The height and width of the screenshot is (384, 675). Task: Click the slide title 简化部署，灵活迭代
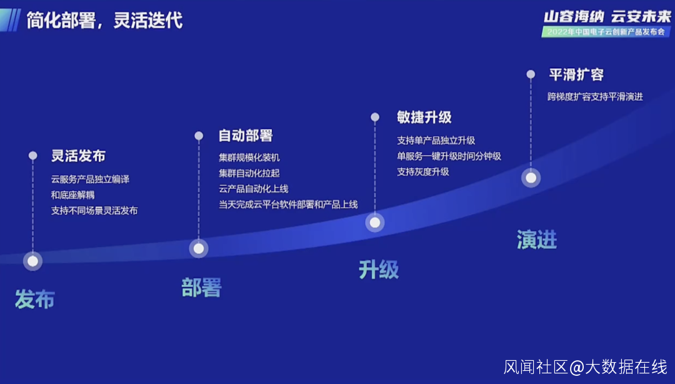pos(104,20)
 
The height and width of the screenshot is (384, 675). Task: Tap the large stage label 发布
pos(35,300)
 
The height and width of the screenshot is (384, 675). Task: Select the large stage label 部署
pos(201,288)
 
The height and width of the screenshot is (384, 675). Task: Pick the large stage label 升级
pos(379,270)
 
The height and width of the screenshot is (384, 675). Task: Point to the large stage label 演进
pos(536,240)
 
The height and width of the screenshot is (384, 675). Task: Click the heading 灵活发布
pos(78,156)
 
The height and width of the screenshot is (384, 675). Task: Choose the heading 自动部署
pos(246,136)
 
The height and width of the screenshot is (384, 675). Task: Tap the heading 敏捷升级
pos(424,117)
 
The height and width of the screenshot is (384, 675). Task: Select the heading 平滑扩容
pos(576,74)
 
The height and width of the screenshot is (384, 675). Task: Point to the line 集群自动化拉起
pos(249,173)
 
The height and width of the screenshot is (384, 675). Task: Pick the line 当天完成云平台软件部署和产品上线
pos(288,204)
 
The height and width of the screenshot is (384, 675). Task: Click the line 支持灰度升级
pos(423,171)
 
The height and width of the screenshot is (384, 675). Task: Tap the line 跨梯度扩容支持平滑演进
pos(595,97)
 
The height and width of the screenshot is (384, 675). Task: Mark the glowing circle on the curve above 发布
pos(32,261)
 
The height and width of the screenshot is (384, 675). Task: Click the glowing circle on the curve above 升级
pos(375,222)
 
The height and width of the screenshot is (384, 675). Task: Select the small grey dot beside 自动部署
pos(199,136)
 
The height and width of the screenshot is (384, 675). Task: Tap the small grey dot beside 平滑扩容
pos(531,74)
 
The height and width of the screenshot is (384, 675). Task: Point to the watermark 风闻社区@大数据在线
pos(586,366)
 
